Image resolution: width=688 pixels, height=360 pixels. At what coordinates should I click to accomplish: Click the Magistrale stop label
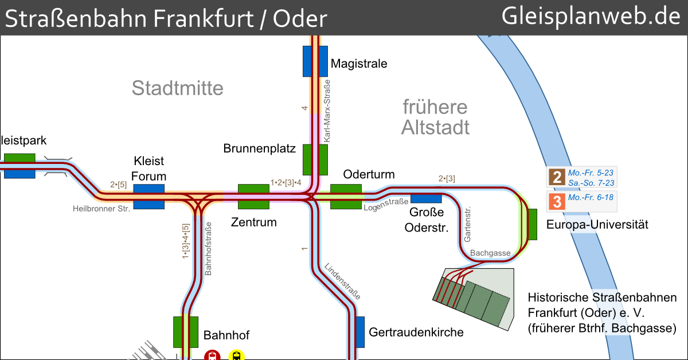click(359, 64)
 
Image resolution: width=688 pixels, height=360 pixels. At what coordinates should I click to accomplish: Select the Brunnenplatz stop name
click(259, 149)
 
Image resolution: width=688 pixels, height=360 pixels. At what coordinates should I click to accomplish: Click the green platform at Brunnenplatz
click(315, 159)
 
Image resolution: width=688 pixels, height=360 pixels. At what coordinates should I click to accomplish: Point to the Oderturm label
click(369, 174)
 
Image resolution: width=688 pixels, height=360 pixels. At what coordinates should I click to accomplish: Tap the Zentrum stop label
click(253, 222)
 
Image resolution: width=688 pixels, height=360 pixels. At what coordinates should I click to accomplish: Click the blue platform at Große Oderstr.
click(426, 198)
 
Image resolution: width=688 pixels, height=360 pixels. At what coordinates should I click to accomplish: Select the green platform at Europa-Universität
click(532, 224)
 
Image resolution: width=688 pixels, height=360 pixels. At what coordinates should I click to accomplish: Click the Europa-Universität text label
click(597, 225)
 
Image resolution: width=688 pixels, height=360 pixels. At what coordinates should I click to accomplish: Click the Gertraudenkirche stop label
click(416, 332)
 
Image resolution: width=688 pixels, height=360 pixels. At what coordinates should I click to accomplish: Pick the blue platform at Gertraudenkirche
click(360, 332)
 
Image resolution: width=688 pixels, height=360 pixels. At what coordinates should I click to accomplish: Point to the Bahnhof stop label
click(226, 335)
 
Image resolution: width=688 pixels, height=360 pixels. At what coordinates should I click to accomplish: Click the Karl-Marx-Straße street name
click(327, 112)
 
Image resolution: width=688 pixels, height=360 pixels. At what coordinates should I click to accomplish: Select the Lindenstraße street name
click(342, 281)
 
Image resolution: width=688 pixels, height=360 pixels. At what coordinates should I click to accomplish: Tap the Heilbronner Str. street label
click(101, 209)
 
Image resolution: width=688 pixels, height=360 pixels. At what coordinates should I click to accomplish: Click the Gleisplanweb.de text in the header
click(591, 17)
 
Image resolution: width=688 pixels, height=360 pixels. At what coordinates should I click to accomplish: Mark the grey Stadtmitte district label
click(177, 88)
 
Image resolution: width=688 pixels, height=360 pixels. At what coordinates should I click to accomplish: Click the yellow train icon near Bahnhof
click(236, 355)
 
